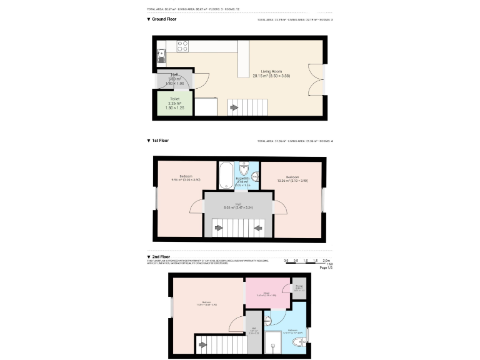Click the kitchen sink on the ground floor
tap(161, 53)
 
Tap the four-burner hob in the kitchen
tap(182, 46)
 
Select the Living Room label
tap(271, 74)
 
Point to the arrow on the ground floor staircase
tap(234, 107)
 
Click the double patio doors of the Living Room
tap(316, 80)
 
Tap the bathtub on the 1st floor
tap(226, 176)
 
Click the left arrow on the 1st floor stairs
tap(218, 227)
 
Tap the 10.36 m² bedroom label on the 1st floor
tap(292, 179)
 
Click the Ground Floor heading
tap(164, 19)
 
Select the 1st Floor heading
tap(161, 141)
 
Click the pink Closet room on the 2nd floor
tap(266, 293)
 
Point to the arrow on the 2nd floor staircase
tap(202, 343)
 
